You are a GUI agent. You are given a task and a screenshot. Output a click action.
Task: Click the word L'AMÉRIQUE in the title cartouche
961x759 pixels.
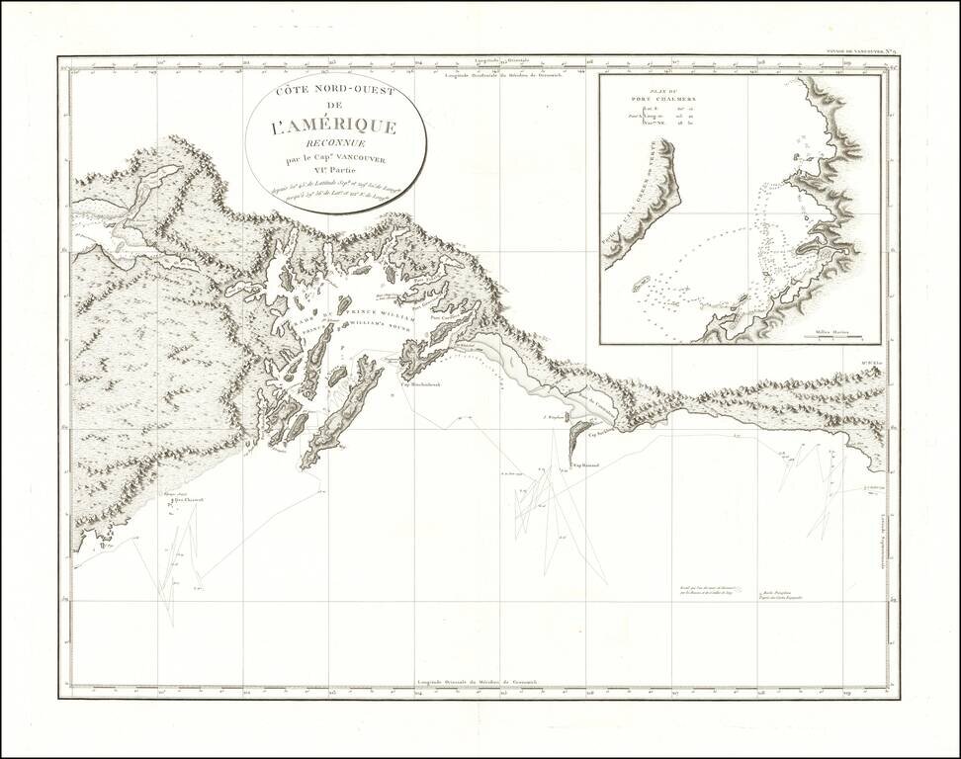pyautogui.click(x=335, y=127)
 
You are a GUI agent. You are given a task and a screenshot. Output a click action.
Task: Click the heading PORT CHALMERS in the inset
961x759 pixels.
pyautogui.click(x=665, y=100)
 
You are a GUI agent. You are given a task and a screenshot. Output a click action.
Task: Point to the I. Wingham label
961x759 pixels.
pyautogui.click(x=555, y=418)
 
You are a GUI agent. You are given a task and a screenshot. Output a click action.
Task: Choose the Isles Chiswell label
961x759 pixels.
pyautogui.click(x=188, y=501)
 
